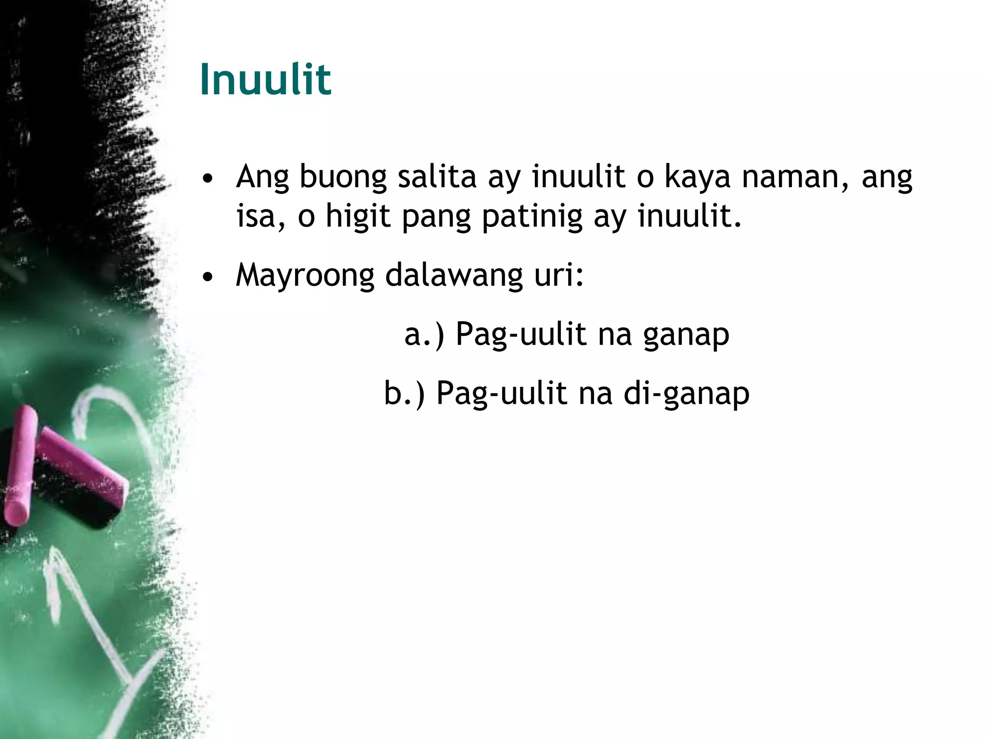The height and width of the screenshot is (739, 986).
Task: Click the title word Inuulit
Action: pos(265,79)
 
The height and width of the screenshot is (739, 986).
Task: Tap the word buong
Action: pos(343,178)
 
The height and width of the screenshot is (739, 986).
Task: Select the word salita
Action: pos(437,177)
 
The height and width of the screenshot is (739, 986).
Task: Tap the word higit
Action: pos(358,216)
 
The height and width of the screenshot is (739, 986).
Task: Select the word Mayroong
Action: pos(305,276)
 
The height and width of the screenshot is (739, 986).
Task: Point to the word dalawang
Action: pos(454,276)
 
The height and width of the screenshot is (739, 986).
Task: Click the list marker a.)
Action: pos(424,334)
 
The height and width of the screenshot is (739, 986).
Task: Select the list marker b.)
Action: pos(404,394)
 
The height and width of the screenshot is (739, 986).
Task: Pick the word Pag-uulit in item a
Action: pos(521,334)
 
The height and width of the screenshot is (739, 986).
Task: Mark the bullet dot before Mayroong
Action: pos(208,277)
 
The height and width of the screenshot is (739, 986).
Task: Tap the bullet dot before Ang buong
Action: pos(208,179)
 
